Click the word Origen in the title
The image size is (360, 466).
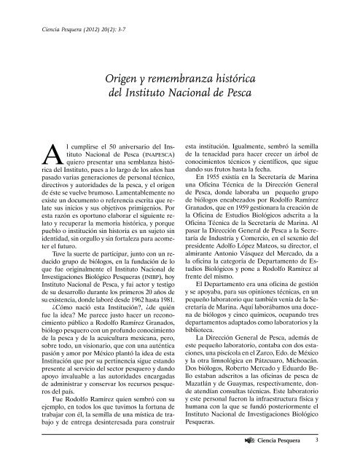(124, 79)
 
